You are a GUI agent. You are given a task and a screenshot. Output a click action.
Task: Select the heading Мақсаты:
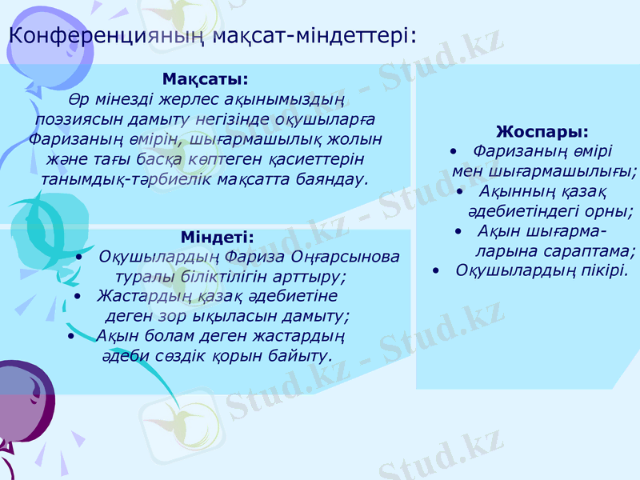[205, 81]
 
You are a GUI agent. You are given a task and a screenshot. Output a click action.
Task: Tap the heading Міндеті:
[216, 237]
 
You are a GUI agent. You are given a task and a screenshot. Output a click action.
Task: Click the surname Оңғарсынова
[353, 257]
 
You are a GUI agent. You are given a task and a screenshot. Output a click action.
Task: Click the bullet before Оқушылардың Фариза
[82, 258]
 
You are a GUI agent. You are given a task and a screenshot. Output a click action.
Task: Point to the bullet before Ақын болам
[72, 335]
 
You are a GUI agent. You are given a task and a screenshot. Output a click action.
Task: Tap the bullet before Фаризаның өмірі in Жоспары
[454, 150]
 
